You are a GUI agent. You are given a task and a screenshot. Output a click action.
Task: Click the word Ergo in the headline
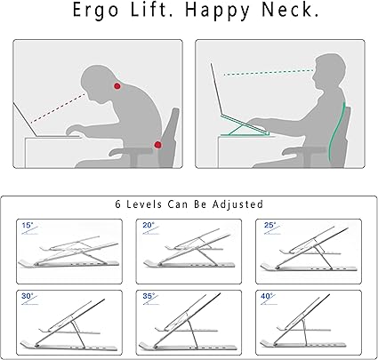click(95, 11)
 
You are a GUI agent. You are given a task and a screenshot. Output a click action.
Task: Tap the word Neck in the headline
click(290, 10)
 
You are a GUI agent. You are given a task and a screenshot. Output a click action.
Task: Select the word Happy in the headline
click(217, 12)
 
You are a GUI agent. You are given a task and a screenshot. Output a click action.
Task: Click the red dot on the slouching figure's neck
click(117, 86)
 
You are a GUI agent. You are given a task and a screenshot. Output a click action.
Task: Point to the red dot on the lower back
click(157, 145)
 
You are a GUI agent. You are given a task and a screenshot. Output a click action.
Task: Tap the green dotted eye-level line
click(269, 73)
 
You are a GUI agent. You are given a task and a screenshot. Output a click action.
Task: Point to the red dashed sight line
click(58, 108)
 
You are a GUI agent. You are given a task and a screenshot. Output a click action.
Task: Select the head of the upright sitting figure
click(329, 71)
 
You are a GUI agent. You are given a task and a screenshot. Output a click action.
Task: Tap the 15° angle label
click(28, 226)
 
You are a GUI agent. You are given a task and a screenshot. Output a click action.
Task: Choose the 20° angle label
click(149, 226)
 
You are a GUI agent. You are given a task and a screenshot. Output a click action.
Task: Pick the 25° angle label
click(270, 225)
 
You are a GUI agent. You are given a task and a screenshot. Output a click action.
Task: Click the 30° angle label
click(28, 296)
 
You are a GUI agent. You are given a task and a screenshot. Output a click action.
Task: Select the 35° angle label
click(149, 296)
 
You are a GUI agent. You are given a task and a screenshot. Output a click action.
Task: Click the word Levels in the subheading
click(144, 204)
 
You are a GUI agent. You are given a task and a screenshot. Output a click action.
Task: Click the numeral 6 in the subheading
click(118, 204)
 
